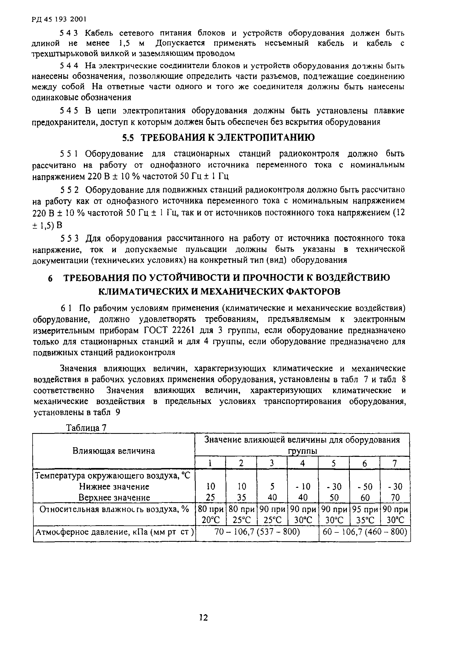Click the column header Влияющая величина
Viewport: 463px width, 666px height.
pos(113,451)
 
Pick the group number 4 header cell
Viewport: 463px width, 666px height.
pos(302,463)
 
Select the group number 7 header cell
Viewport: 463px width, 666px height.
pos(394,463)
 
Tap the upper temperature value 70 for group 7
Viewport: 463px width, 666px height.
pos(395,498)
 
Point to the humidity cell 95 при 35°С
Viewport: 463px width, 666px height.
pos(364,515)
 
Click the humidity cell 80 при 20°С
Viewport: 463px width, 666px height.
pos(210,515)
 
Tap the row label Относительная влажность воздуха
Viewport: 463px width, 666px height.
pos(114,509)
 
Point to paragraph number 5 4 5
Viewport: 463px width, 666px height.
pos(69,111)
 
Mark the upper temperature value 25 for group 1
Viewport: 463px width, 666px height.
pos(210,498)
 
